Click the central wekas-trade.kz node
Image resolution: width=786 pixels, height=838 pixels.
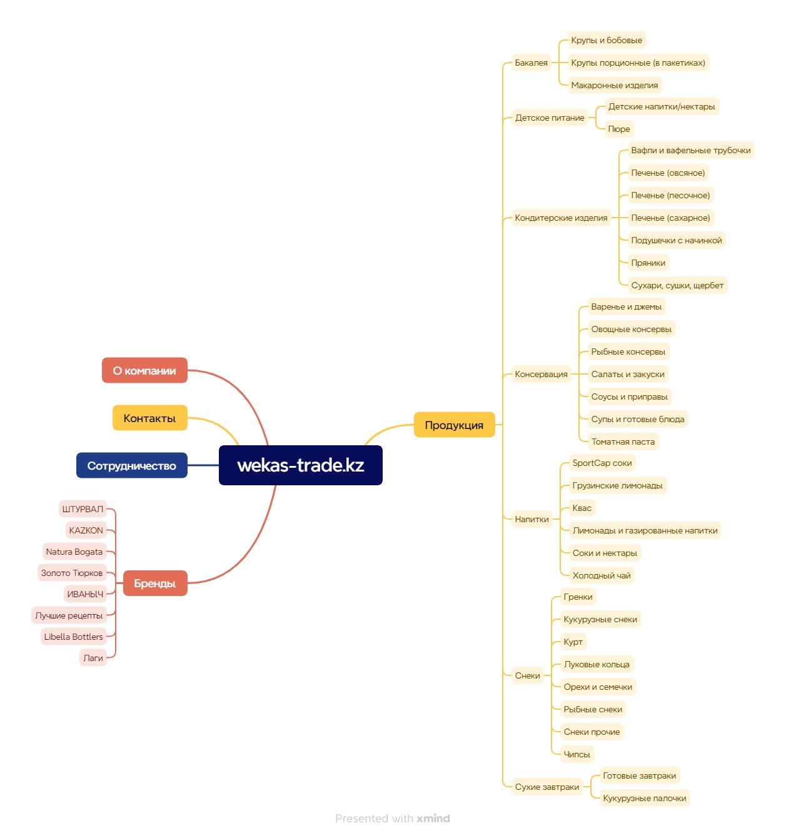[x=300, y=465]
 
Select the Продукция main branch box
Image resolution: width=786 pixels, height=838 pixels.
[x=454, y=425]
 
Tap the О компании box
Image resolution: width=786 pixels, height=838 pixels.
[x=144, y=370]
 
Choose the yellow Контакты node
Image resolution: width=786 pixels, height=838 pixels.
[x=150, y=418]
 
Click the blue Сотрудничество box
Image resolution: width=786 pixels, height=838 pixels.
[x=132, y=465]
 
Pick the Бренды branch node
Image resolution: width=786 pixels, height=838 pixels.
[x=155, y=583]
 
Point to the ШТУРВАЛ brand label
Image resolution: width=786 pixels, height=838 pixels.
[x=83, y=509]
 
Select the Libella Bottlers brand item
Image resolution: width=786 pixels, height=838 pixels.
[x=73, y=636]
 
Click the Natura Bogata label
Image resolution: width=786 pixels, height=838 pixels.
[x=74, y=552]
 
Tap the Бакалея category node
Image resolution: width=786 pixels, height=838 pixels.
[x=531, y=63]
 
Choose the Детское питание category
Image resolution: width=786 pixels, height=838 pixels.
[x=550, y=118]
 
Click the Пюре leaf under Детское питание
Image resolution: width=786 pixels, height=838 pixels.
[x=619, y=129]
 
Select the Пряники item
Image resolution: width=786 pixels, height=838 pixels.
[x=648, y=263]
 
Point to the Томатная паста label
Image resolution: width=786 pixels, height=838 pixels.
[x=623, y=442]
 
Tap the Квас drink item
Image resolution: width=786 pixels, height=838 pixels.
[x=582, y=508]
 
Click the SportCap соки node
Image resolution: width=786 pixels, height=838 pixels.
[x=602, y=463]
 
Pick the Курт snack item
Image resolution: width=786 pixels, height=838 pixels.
[x=573, y=642]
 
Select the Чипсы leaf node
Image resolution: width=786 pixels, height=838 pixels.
[x=577, y=754]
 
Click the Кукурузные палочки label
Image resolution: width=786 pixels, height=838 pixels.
[x=644, y=799]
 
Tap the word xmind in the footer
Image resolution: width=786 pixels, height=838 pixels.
[x=433, y=819]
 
